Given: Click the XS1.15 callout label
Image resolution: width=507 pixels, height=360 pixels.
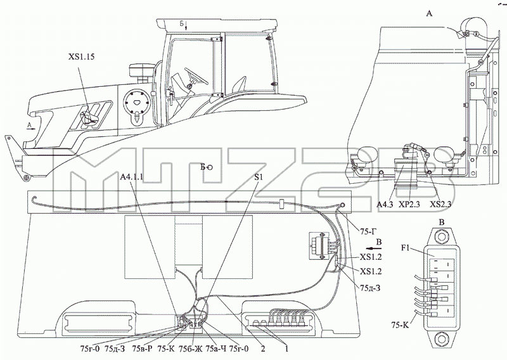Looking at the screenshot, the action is coord(82,57).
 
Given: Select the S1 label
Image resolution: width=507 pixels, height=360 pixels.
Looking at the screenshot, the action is coord(259,177).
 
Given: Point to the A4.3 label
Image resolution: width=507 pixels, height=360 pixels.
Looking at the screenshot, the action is coord(385,205).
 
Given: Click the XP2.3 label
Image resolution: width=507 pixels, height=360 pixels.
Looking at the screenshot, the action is coord(409,205).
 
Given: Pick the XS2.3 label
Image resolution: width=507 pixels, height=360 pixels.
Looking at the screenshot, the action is coord(440,205).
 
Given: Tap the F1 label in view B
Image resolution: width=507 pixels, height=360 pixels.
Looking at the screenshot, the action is coord(406,248).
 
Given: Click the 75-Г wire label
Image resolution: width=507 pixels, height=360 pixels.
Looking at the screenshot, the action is coord(368,231).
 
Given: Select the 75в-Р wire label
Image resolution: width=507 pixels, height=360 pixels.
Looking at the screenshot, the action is coord(141,349).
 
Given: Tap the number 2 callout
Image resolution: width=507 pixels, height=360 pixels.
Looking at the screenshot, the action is coord(263,349).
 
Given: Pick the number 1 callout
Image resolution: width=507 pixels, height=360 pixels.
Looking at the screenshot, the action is coord(286,349).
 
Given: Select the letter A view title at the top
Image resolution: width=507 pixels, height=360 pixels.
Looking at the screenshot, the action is coord(429,13).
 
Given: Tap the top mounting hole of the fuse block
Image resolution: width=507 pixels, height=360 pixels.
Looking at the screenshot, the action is coord(441,236).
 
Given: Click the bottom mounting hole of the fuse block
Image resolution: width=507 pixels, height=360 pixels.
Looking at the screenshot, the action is coord(441,340).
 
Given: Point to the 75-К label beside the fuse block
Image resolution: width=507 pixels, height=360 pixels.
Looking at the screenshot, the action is coord(400,325).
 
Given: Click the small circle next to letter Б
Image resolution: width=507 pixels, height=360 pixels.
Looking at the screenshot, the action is coord(210,167).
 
